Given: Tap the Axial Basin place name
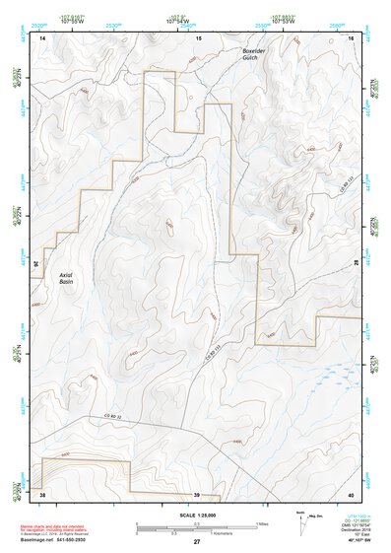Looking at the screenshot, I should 60,282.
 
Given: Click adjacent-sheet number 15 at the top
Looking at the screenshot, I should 197,37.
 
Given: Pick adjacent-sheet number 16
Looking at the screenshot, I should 351,37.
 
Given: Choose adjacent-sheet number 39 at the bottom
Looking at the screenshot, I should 197,493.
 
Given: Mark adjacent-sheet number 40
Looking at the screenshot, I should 351,493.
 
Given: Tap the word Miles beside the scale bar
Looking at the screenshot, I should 263,523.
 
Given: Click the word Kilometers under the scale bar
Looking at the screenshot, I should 210,534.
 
